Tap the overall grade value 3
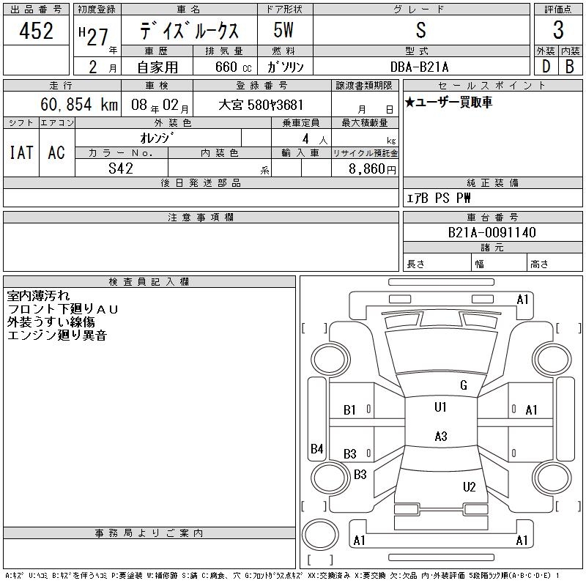click(x=558, y=31)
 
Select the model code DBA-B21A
click(x=420, y=67)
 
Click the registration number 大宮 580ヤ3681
click(x=261, y=105)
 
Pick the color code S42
click(x=121, y=168)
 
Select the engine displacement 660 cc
click(x=234, y=67)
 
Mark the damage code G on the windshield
click(x=463, y=385)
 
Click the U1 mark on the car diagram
click(x=440, y=407)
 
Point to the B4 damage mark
click(x=316, y=449)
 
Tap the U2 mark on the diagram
click(x=470, y=487)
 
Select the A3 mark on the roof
click(x=440, y=437)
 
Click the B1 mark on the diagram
click(x=349, y=410)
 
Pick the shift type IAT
click(x=21, y=152)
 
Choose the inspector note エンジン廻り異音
click(x=57, y=335)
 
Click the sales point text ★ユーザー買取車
click(x=448, y=103)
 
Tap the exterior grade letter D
click(x=545, y=67)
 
